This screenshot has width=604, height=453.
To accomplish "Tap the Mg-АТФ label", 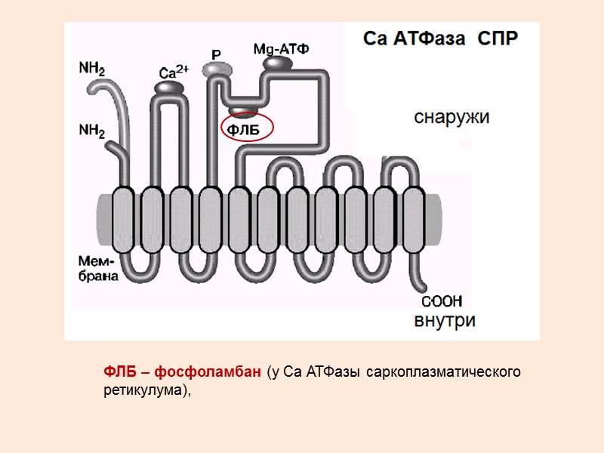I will tap(281, 50).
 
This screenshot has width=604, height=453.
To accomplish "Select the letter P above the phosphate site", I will tap(217, 54).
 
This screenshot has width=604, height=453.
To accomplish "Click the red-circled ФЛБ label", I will tap(245, 131).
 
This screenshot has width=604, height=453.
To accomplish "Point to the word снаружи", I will tap(451, 117).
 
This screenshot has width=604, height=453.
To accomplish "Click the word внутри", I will tap(445, 320).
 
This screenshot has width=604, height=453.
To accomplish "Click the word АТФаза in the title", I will tap(436, 39).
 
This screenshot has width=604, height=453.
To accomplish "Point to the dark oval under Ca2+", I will tap(170, 88).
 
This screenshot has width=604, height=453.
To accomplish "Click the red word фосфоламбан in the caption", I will tap(220, 372).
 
